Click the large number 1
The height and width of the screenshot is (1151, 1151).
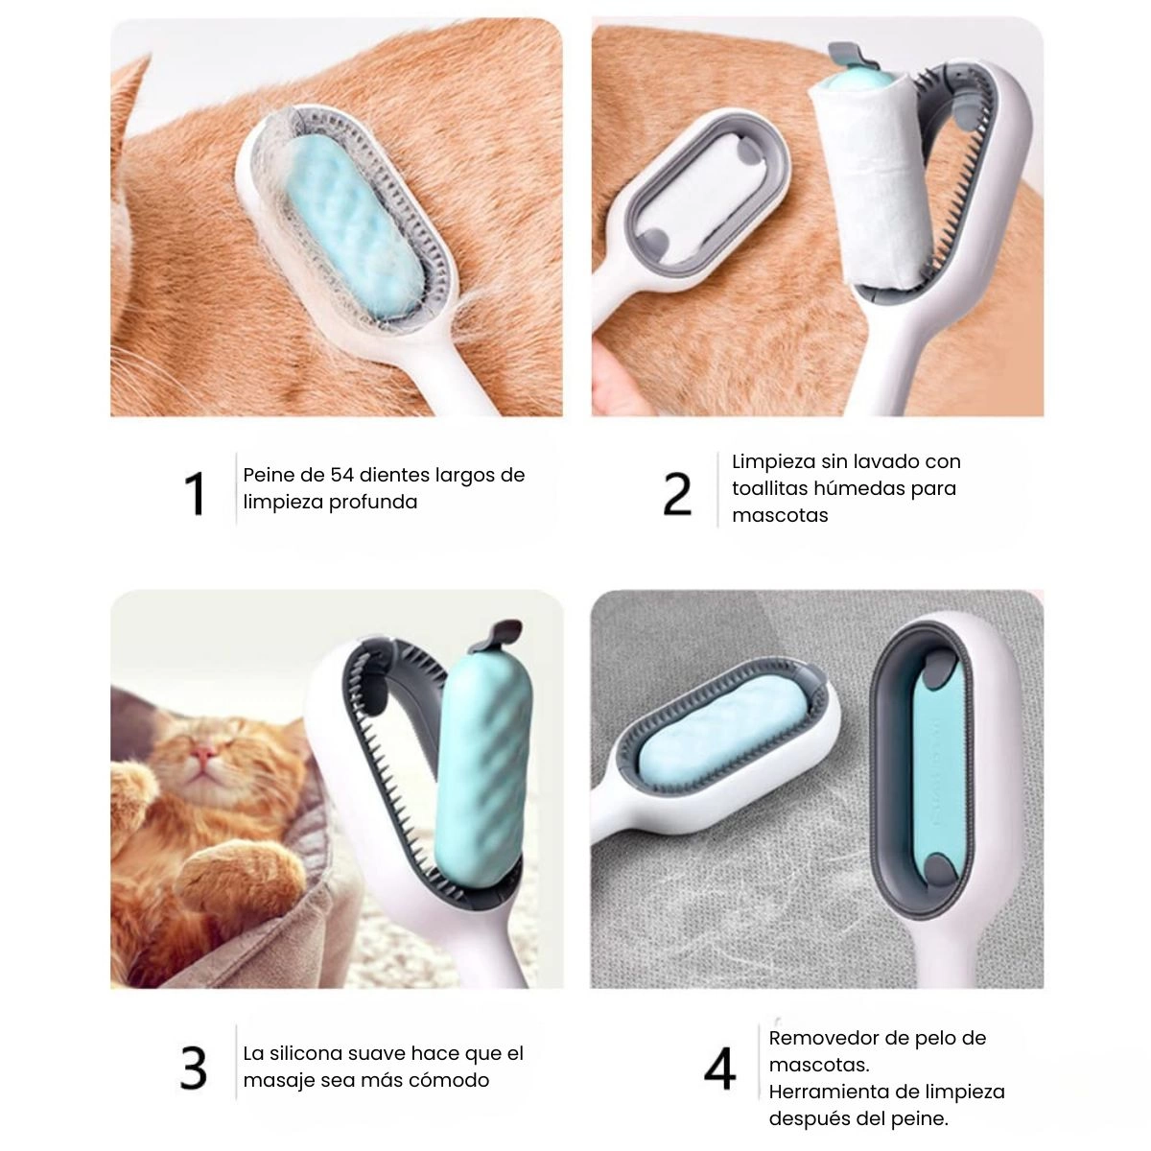pyautogui.click(x=196, y=493)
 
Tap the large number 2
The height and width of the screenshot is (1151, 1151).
pyautogui.click(x=677, y=493)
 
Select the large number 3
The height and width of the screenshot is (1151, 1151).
pyautogui.click(x=194, y=1068)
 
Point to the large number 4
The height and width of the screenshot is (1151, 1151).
pyautogui.click(x=719, y=1068)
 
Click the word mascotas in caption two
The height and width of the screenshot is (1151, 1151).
pyautogui.click(x=780, y=515)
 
